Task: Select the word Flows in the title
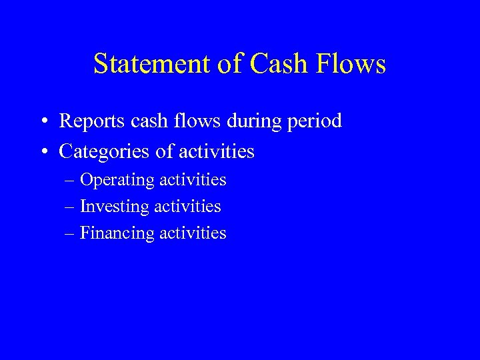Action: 353,64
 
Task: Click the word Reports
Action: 91,122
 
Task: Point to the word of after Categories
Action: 163,152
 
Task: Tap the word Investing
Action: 114,207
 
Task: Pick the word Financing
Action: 116,234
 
